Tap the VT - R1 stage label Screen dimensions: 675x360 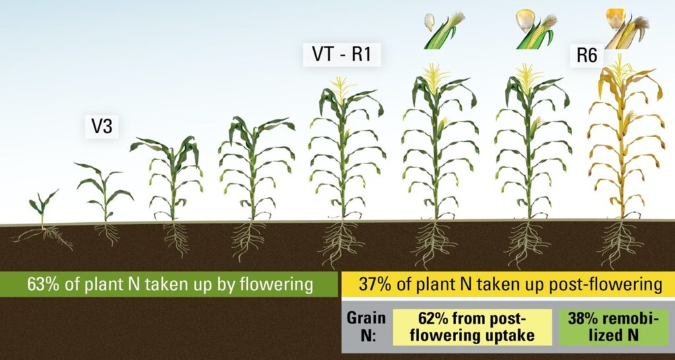click(x=342, y=55)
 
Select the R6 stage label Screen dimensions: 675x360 click(x=587, y=56)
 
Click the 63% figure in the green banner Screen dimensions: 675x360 click(x=42, y=285)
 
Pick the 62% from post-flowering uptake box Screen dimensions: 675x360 click(x=472, y=327)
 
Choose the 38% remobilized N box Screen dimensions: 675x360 click(x=613, y=327)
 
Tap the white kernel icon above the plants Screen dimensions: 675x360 click(x=429, y=22)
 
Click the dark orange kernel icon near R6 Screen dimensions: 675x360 click(x=615, y=18)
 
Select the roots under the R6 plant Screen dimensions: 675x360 click(x=618, y=243)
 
